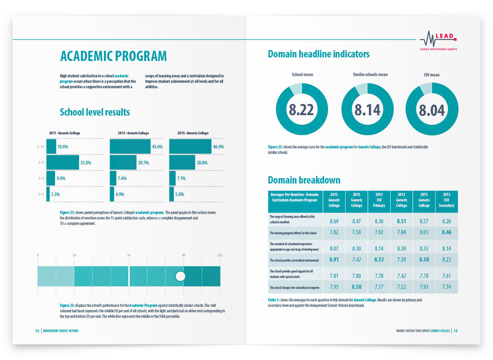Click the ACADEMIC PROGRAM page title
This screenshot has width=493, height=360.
pyautogui.click(x=114, y=56)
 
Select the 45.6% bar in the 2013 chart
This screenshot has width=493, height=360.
pyautogui.click(x=130, y=147)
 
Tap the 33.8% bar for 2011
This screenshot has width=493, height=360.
pyautogui.click(x=63, y=162)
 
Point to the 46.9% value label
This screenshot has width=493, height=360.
pyautogui.click(x=218, y=147)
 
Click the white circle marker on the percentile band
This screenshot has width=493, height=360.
pyautogui.click(x=180, y=276)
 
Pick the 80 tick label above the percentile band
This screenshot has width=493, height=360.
pyautogui.click(x=183, y=255)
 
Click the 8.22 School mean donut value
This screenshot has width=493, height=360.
pyautogui.click(x=302, y=110)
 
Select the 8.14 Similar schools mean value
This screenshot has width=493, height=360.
pyautogui.click(x=367, y=110)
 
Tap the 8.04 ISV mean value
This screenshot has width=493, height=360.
pyautogui.click(x=432, y=110)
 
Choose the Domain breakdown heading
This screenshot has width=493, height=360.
pyautogui.click(x=304, y=180)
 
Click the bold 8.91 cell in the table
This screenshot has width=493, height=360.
pyautogui.click(x=334, y=259)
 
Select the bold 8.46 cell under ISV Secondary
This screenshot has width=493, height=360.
pyautogui.click(x=446, y=232)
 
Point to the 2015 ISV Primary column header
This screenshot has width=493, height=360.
pyautogui.click(x=379, y=200)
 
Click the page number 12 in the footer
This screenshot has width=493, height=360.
pyautogui.click(x=37, y=331)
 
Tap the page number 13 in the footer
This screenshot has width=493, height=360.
pyautogui.click(x=456, y=331)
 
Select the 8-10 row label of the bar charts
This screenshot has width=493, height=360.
pyautogui.click(x=40, y=147)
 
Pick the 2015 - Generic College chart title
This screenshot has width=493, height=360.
pyautogui.click(x=193, y=133)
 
